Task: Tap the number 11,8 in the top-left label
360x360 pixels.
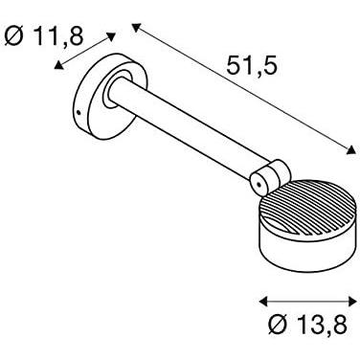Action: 57,35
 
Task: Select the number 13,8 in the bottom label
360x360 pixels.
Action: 322,325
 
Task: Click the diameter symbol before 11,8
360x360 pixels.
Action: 14,35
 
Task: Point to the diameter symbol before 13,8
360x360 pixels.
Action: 279,325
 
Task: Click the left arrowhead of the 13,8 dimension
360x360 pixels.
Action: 263,302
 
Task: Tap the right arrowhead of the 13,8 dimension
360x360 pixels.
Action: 352,302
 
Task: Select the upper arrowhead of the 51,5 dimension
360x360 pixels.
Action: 136,28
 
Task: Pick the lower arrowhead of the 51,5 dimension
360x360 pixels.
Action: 351,150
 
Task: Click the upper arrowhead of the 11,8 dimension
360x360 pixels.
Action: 110,36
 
